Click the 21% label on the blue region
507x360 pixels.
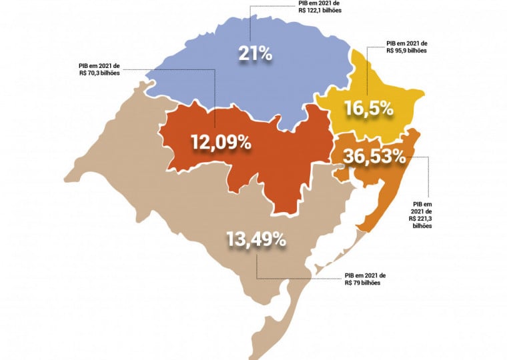click(256, 53)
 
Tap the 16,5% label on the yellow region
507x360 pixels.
click(368, 107)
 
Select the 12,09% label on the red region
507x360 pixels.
click(221, 142)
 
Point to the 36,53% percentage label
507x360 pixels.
click(375, 157)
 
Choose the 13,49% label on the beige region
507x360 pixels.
click(256, 239)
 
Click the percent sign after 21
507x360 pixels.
click(265, 53)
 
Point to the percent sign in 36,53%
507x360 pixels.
click(396, 157)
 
